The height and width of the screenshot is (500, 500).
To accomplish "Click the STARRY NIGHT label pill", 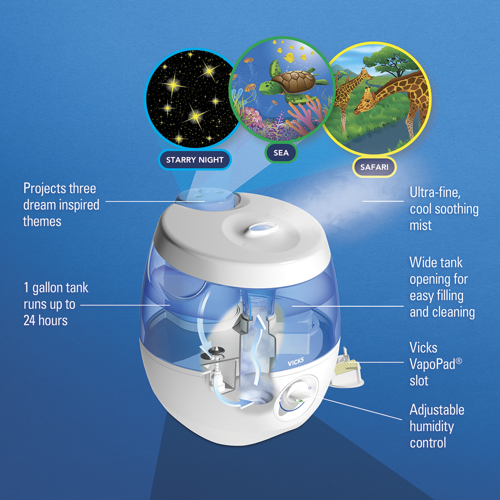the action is tap(195, 160).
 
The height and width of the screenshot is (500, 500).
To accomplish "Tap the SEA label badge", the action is tap(281, 152).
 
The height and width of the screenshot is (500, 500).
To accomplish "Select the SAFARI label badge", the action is tap(374, 167).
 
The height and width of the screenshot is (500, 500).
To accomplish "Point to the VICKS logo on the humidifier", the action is tap(295, 361).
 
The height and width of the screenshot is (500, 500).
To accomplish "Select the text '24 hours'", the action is tap(45, 320).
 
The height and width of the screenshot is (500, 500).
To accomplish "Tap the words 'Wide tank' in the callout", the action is tap(436, 262).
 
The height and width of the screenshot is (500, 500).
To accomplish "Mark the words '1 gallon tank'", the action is tap(56, 288).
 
